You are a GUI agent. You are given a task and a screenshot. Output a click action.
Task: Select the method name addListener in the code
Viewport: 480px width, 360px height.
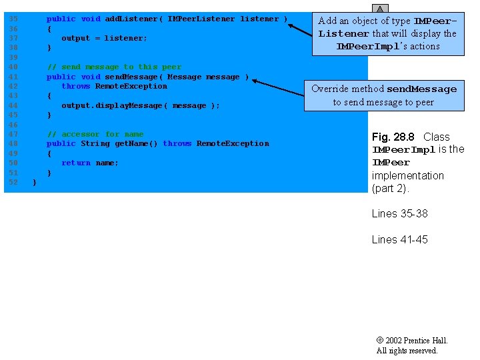131,19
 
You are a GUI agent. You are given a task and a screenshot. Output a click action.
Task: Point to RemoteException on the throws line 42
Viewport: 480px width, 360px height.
131,86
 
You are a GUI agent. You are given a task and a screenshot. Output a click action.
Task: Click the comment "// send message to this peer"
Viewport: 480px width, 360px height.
114,67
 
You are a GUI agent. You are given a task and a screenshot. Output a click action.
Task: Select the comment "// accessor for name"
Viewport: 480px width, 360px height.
95,134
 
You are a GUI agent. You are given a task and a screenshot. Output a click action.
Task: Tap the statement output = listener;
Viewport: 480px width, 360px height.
104,38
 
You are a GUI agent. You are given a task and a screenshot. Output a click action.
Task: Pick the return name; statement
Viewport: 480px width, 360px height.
90,163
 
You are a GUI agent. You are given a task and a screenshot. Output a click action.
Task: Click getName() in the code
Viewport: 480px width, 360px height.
136,143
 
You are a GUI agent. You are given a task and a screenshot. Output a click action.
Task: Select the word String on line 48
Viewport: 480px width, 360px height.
95,143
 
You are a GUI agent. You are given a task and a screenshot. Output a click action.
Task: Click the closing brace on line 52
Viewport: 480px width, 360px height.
34,182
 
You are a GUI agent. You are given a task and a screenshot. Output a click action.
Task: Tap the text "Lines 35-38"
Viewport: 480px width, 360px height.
399,213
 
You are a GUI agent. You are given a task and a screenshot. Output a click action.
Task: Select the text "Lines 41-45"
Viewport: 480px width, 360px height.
399,239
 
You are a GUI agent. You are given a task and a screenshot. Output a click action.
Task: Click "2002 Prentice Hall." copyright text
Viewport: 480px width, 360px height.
416,341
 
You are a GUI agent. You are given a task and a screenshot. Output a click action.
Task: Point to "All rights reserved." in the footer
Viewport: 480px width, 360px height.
407,351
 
